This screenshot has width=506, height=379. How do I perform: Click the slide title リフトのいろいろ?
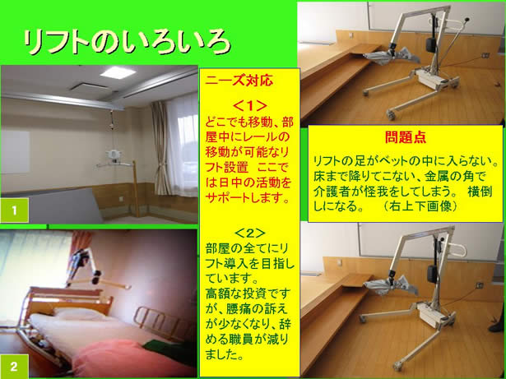127,42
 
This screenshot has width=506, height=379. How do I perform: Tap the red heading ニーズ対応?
239,81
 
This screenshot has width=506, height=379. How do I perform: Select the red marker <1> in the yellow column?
249,105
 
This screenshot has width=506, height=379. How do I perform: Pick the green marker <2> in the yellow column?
250,233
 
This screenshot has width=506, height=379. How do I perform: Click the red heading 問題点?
406,137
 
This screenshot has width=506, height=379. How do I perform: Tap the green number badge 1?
15,210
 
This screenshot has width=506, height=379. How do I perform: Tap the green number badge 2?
14,366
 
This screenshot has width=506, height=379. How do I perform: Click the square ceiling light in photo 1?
118,72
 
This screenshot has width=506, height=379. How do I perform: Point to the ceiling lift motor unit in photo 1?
113,154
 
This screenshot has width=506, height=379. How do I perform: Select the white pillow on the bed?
78,313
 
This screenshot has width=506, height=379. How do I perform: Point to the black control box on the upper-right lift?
429,45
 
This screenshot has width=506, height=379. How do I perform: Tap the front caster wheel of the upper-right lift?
391,114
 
